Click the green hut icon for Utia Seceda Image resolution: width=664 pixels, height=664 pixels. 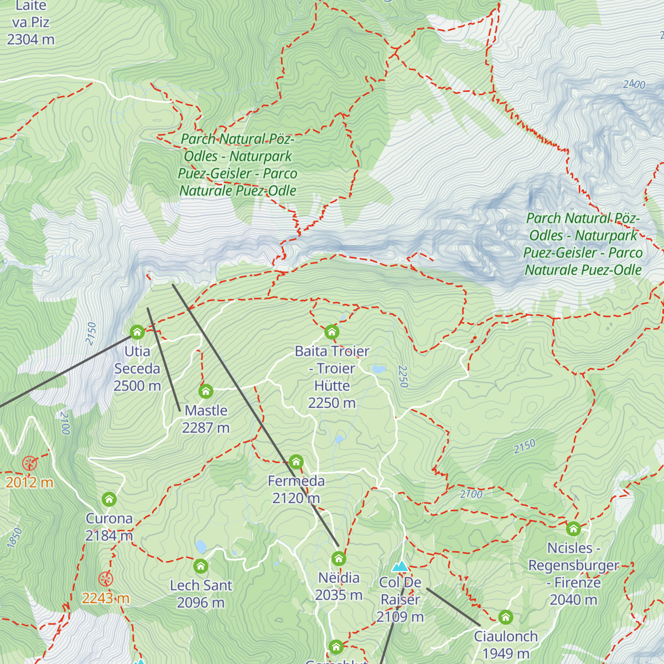point(137,332)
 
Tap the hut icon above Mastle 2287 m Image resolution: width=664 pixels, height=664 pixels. point(206,391)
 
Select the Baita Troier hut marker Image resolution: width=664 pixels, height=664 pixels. point(331,332)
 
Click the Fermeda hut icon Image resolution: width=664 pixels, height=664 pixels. point(296,461)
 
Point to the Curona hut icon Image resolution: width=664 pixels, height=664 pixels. point(109,499)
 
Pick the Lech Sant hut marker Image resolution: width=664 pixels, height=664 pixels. point(201,566)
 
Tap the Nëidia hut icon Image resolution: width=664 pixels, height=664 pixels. point(339,558)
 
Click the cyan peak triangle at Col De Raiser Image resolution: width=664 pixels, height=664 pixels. point(400,566)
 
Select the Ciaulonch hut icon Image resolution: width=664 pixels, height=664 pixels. point(505,617)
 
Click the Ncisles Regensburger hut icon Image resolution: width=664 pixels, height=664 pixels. point(573,528)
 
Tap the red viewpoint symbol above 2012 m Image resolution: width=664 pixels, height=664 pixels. point(29,463)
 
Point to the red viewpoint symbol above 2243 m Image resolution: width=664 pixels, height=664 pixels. point(106,579)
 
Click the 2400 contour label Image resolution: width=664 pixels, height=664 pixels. point(634,84)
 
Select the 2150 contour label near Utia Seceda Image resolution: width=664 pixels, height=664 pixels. point(92,334)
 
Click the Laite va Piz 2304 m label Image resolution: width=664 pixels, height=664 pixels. point(31,23)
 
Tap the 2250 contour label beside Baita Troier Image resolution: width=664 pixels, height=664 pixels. point(403,376)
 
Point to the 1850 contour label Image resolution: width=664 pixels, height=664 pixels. point(15,538)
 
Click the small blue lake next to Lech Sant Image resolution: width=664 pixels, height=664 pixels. point(200,547)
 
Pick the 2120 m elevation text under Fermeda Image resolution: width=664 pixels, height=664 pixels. point(296,498)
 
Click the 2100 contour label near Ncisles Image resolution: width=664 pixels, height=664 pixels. point(471,494)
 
